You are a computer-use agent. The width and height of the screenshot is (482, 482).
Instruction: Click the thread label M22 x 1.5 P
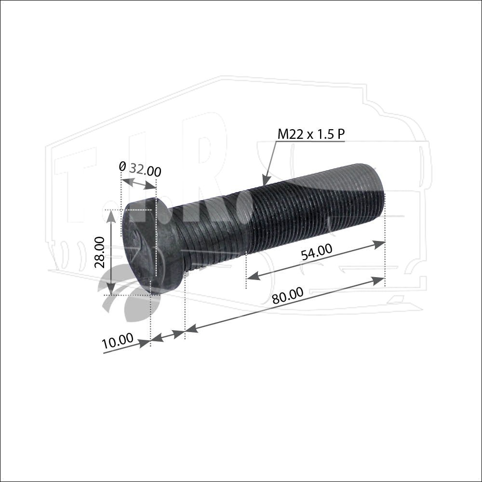[311, 134]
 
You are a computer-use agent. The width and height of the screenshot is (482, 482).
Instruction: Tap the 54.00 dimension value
[316, 252]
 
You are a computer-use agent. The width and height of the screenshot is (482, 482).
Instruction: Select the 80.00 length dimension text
[288, 295]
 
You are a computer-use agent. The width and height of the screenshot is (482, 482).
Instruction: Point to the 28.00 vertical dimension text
[100, 252]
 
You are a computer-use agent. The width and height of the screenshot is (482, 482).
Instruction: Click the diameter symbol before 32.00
[122, 166]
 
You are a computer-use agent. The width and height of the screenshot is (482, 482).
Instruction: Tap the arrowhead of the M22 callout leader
[265, 180]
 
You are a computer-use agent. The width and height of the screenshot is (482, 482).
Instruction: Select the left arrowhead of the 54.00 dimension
[254, 276]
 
